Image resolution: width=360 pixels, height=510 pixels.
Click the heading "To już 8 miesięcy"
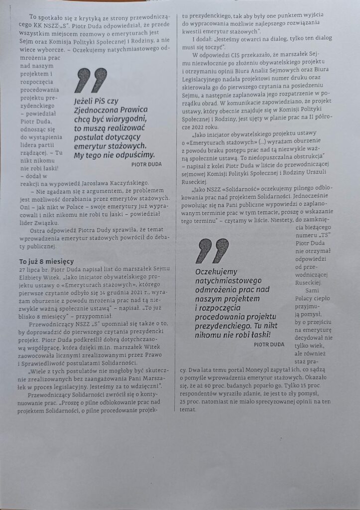[x=46, y=261]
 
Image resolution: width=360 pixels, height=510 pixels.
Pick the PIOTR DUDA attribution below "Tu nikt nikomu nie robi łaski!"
[x=269, y=344]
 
